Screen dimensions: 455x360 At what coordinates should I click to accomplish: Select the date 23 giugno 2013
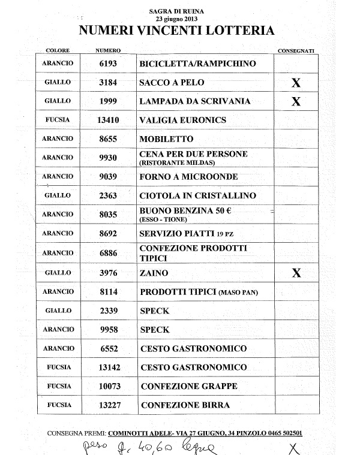(x=172, y=19)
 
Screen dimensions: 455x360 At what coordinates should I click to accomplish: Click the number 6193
(x=108, y=64)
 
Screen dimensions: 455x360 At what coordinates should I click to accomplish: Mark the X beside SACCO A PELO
(x=295, y=83)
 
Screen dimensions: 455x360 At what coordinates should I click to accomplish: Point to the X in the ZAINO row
(x=295, y=273)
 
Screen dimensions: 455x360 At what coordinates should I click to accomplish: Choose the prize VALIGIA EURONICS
(x=182, y=120)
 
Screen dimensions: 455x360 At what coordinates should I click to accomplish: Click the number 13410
(x=108, y=120)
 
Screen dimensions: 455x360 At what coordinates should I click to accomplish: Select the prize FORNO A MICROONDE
(x=188, y=177)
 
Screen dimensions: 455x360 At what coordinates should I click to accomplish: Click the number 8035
(x=108, y=214)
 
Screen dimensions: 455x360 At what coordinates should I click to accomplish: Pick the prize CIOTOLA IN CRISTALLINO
(x=197, y=195)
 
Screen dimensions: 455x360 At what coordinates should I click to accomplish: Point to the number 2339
(x=108, y=311)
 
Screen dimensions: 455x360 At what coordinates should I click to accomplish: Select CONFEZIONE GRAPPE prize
(x=189, y=386)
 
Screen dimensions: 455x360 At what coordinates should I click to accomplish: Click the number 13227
(x=108, y=405)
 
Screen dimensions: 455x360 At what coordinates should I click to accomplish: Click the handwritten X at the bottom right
(x=293, y=448)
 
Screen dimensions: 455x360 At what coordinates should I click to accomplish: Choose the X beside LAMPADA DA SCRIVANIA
(x=295, y=102)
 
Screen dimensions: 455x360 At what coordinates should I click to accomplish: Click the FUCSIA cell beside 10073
(x=58, y=386)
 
